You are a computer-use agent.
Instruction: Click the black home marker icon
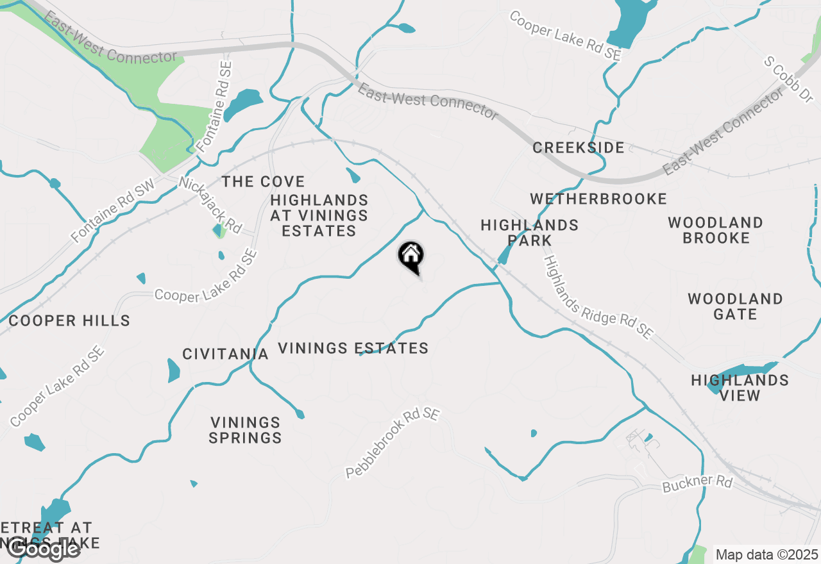[x=410, y=256]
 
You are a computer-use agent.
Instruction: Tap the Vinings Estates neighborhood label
[x=353, y=349]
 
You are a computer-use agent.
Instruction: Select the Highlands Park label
[x=529, y=233]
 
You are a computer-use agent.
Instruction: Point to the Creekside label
[x=578, y=148]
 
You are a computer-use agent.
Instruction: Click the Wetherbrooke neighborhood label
[x=598, y=199]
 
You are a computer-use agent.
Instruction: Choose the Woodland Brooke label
[x=715, y=231]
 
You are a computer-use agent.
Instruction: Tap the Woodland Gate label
[x=735, y=306]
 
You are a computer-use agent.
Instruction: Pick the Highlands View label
[x=740, y=388]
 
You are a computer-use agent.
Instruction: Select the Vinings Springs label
[x=246, y=430]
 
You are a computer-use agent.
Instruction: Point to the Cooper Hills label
[x=69, y=321]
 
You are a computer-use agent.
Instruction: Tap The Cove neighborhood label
[x=263, y=182]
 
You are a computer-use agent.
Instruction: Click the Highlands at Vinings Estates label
[x=319, y=216]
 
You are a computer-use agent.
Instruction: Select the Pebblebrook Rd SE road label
[x=393, y=443]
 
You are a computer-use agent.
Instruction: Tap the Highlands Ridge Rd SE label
[x=598, y=297]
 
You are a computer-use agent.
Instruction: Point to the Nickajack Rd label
[x=210, y=205]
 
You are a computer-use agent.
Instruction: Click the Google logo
[x=44, y=549]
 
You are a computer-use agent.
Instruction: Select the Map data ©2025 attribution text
[x=766, y=554]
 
